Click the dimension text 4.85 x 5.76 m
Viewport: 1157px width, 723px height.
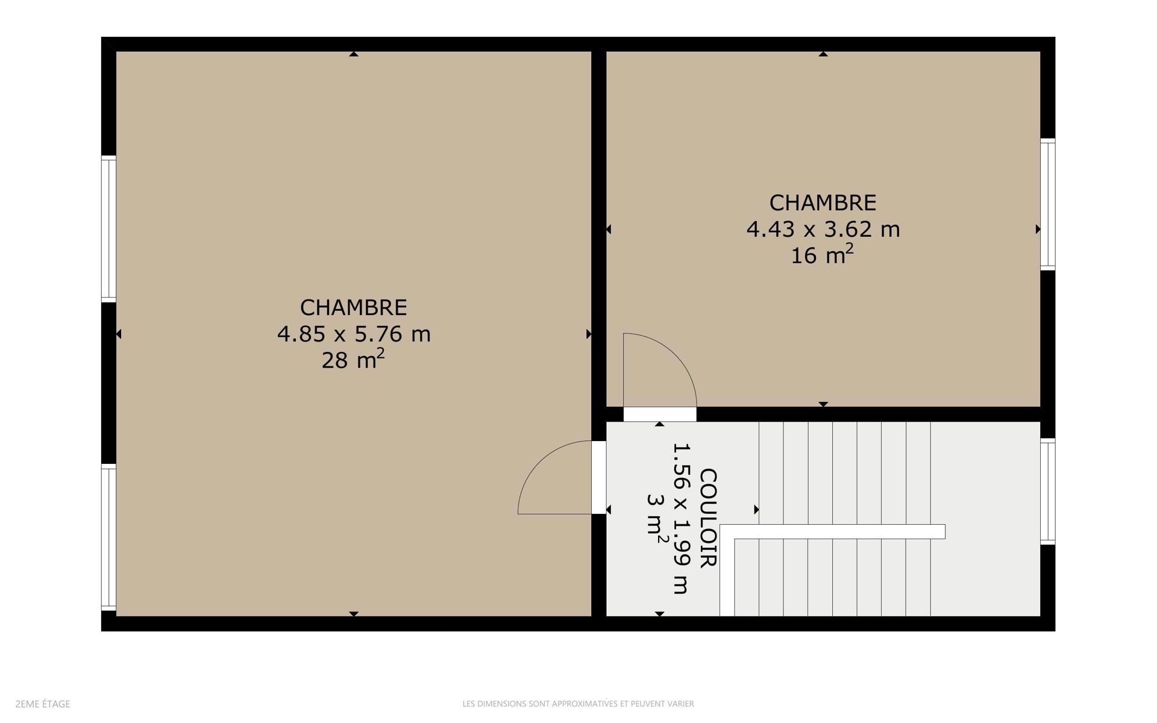pyautogui.click(x=354, y=334)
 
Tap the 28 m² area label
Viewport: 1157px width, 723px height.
pyautogui.click(x=353, y=359)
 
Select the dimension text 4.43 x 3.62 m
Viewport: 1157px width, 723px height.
pyautogui.click(x=823, y=229)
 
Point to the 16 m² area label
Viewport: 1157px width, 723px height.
pyautogui.click(x=822, y=254)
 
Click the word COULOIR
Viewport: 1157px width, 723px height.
pyautogui.click(x=708, y=518)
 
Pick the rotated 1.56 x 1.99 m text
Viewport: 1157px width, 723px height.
pyautogui.click(x=681, y=518)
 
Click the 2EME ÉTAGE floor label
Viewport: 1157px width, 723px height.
pyautogui.click(x=43, y=704)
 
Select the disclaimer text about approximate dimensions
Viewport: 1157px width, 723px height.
pyautogui.click(x=578, y=704)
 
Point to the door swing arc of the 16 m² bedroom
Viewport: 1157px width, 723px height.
pyautogui.click(x=676, y=355)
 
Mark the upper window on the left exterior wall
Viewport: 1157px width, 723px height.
pyautogui.click(x=108, y=228)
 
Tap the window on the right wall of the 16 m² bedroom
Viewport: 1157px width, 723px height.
pyautogui.click(x=1048, y=204)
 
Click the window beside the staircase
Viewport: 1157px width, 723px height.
pyautogui.click(x=1048, y=491)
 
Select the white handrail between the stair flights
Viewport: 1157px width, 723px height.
pyautogui.click(x=832, y=531)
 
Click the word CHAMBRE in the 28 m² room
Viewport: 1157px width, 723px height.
pyautogui.click(x=354, y=307)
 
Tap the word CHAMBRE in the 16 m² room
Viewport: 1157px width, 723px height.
pyautogui.click(x=823, y=202)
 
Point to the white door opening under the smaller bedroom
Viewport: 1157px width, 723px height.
pyautogui.click(x=660, y=415)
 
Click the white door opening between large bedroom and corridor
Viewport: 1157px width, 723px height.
pyautogui.click(x=599, y=477)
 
